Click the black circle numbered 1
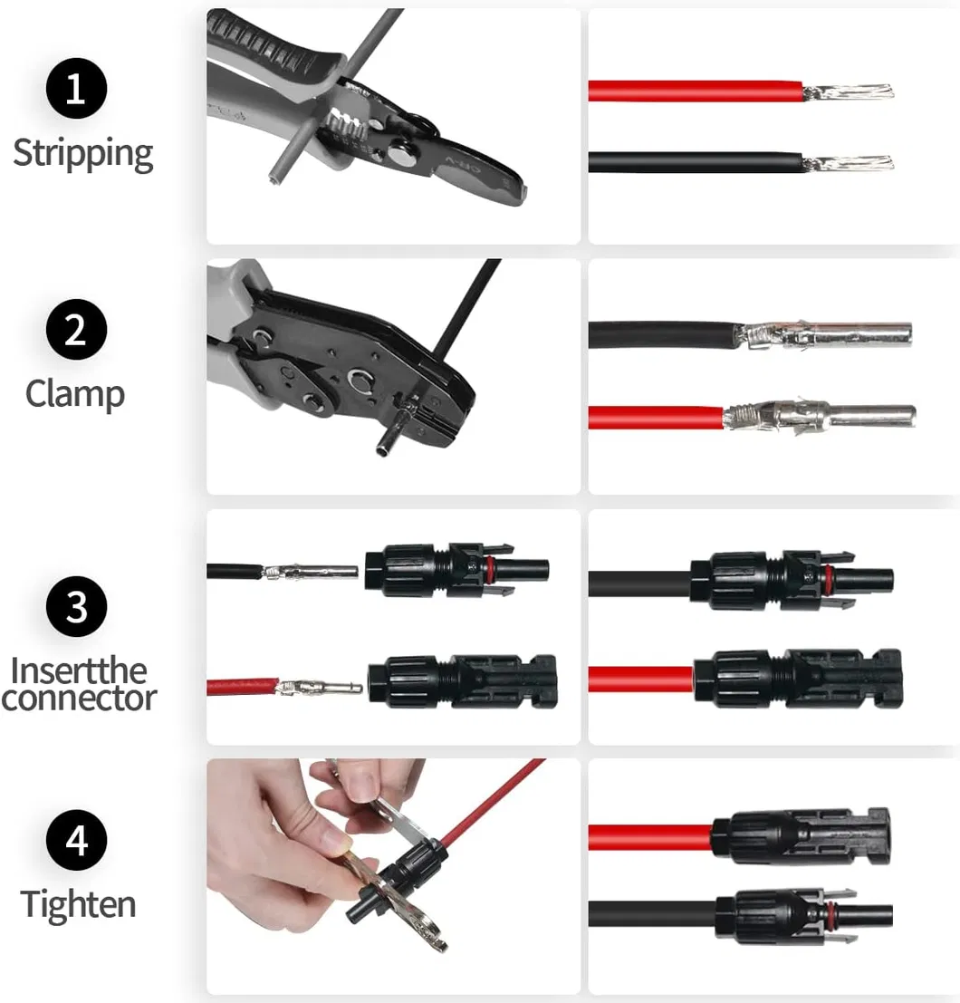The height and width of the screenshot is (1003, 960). click(76, 88)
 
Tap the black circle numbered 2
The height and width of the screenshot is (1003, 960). click(76, 330)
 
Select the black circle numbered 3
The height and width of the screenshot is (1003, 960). click(76, 606)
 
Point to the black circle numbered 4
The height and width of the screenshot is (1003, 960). click(76, 840)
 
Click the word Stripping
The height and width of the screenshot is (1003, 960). click(83, 154)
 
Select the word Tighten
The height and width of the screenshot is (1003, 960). click(78, 905)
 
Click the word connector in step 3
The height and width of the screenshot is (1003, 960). click(79, 698)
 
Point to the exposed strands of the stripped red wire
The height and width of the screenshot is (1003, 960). click(848, 92)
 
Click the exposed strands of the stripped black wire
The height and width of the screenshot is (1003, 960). click(848, 164)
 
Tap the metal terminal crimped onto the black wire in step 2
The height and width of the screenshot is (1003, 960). click(825, 335)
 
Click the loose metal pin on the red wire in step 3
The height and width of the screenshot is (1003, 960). click(320, 688)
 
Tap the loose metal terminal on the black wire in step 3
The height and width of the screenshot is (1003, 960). click(311, 571)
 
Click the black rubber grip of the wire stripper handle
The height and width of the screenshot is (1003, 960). click(275, 43)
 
